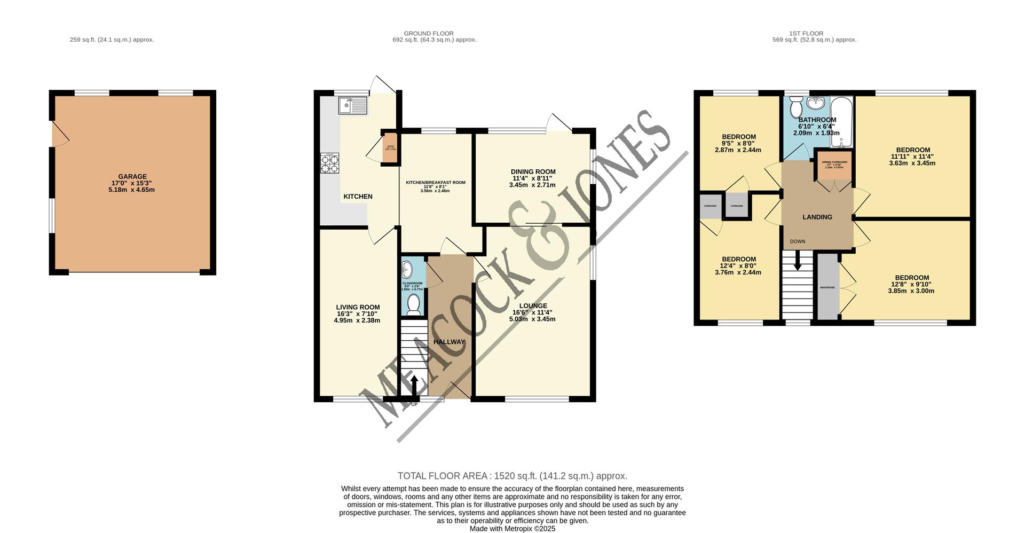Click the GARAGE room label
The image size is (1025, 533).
tap(132, 177)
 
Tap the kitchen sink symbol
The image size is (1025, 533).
tap(353, 106)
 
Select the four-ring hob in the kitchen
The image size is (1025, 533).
tap(329, 163)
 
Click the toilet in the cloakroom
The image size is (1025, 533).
tap(413, 304)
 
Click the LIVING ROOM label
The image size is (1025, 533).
tap(358, 307)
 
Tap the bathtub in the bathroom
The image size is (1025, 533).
tap(842, 122)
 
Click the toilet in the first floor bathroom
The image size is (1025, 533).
tap(795, 106)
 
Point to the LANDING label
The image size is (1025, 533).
tap(817, 217)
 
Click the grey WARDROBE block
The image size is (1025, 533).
tap(827, 287)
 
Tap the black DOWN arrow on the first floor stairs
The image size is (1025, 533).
tap(798, 262)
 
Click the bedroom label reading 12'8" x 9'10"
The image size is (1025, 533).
tap(911, 285)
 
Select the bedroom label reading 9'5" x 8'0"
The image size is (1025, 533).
tap(739, 144)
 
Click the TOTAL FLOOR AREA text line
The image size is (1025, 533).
tap(512, 476)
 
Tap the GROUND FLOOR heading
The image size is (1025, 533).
tap(428, 33)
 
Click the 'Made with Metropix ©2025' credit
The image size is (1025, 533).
tap(512, 528)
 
